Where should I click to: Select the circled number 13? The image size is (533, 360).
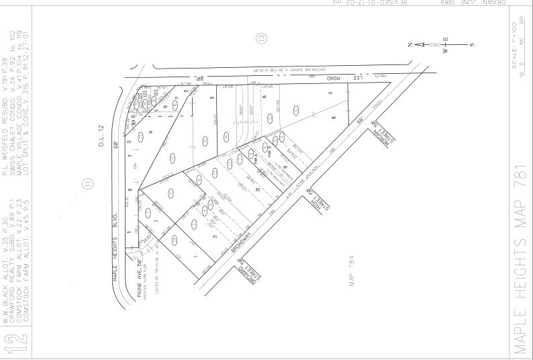tap(262, 38)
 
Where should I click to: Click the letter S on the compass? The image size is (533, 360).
tap(472, 45)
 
